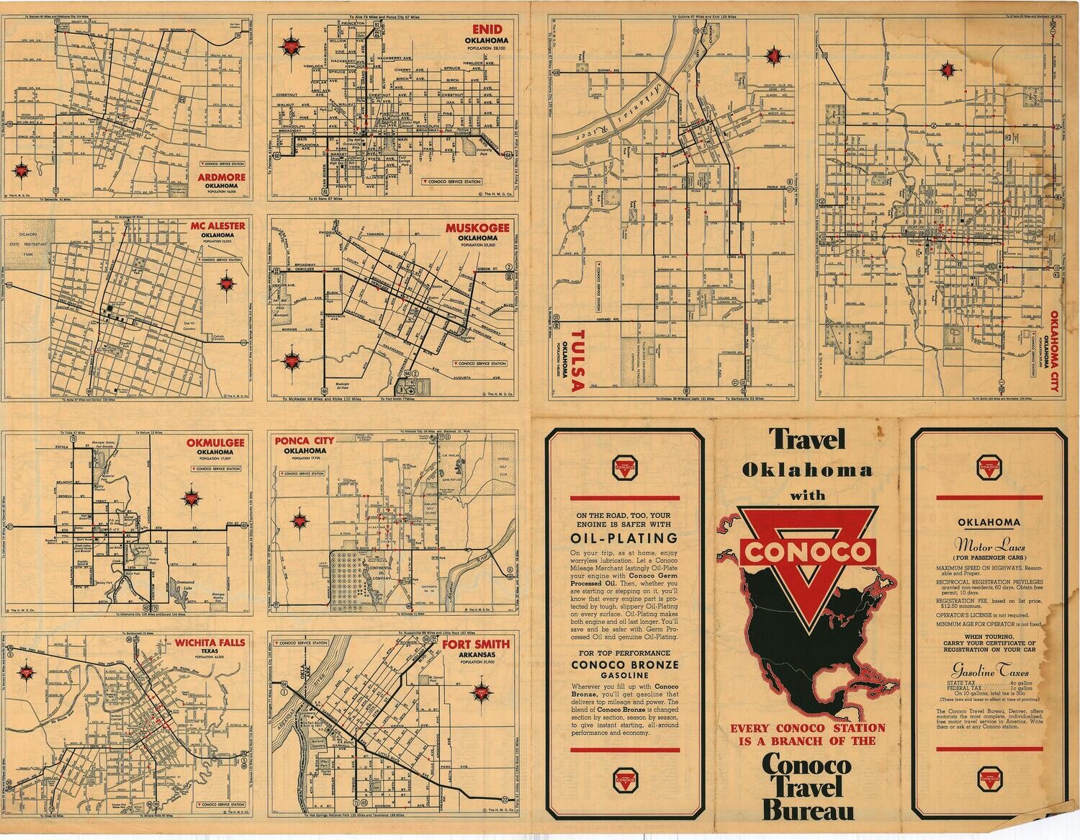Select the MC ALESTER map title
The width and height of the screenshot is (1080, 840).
click(x=217, y=225)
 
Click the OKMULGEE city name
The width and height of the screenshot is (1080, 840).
click(x=216, y=442)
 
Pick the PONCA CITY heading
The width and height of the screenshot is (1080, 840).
click(x=305, y=441)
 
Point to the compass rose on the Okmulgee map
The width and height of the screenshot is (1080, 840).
click(x=192, y=498)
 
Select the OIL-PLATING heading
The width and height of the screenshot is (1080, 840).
click(x=624, y=538)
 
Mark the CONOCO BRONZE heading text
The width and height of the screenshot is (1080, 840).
click(x=624, y=664)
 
